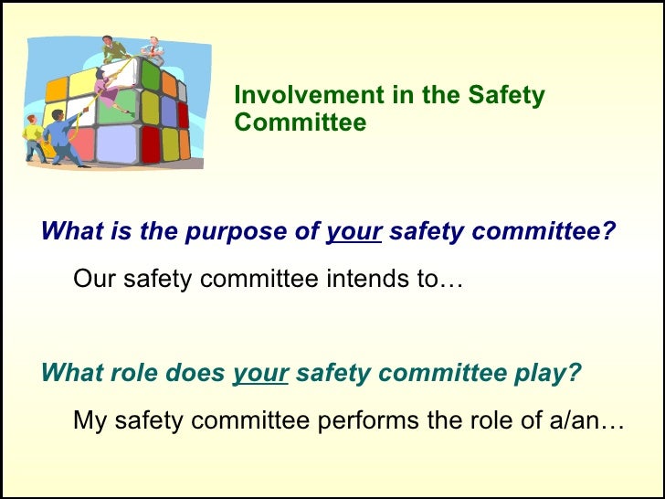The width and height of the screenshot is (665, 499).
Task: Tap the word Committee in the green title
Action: pos(300,122)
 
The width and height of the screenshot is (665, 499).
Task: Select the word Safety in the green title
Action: pos(506,96)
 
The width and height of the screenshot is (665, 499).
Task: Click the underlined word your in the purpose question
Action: pos(354,232)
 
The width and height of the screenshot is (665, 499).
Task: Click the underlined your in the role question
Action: pos(261,373)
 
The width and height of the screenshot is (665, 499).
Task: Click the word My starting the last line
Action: pos(89,421)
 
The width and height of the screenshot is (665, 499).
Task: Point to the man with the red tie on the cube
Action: pos(153,51)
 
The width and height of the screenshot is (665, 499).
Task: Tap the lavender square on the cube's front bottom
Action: pos(116,144)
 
